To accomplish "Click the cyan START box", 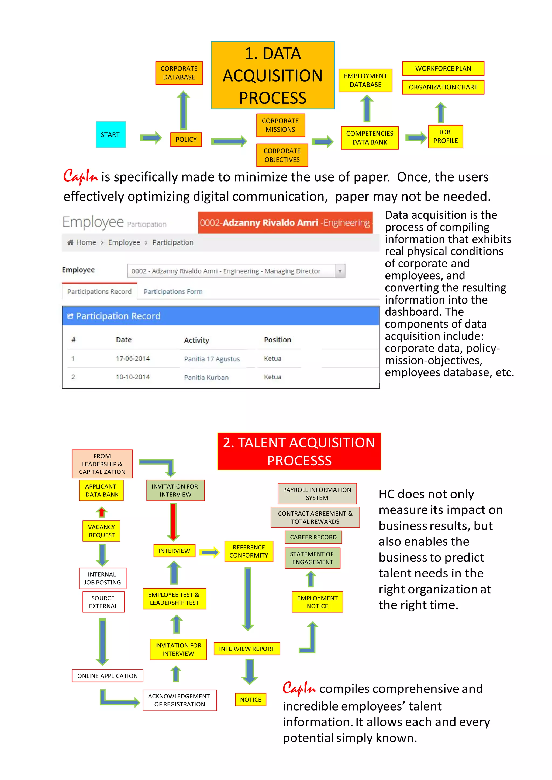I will (x=111, y=134).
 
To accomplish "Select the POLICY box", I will (x=186, y=139).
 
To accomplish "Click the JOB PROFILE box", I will (x=445, y=137).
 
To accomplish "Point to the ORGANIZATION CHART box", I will (x=443, y=87).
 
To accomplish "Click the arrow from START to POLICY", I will (x=151, y=138).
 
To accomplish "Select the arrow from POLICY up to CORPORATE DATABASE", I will (x=184, y=110).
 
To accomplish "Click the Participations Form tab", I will (x=173, y=291).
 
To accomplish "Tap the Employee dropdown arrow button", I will (x=340, y=271).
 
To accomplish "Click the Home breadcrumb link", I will (x=86, y=242).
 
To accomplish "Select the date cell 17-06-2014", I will (x=133, y=358).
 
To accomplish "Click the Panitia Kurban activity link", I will (x=206, y=377).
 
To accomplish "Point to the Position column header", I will (x=277, y=340).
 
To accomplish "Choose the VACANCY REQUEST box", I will (x=102, y=531).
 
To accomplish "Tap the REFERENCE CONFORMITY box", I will (x=249, y=551).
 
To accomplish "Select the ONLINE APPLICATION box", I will (x=108, y=676).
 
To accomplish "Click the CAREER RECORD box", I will (x=313, y=537).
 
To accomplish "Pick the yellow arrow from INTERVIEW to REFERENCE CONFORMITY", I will (x=209, y=552).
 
